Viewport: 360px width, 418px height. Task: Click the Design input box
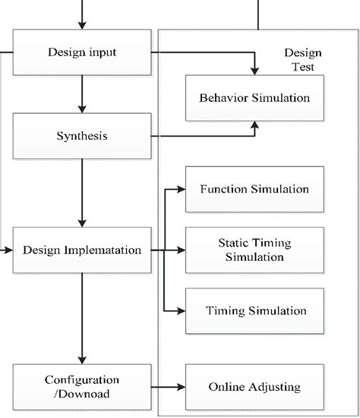click(x=82, y=52)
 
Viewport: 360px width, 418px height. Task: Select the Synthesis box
click(x=82, y=137)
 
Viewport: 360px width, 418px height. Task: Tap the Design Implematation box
click(x=82, y=250)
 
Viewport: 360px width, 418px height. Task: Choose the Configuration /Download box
click(x=82, y=387)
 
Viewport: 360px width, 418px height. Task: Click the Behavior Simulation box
click(x=254, y=99)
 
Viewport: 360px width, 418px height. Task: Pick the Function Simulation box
click(x=254, y=188)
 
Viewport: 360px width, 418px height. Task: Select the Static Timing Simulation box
click(x=254, y=250)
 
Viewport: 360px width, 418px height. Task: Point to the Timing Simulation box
click(x=254, y=311)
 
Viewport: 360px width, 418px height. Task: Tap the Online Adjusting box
click(x=254, y=387)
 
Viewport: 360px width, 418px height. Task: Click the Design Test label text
click(x=302, y=59)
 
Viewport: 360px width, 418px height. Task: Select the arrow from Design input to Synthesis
click(x=82, y=94)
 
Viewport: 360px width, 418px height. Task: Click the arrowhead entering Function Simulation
click(x=181, y=188)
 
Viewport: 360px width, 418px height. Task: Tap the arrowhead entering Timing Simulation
click(x=181, y=311)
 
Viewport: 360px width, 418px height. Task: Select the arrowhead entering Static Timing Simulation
click(x=181, y=250)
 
